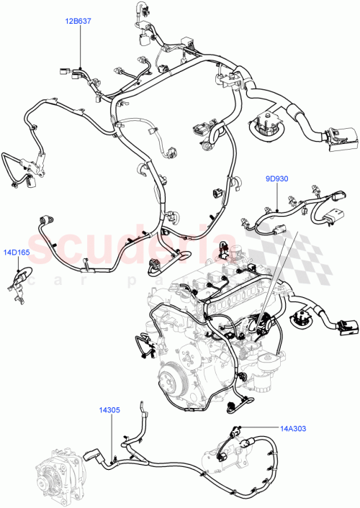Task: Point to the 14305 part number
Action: point(110,410)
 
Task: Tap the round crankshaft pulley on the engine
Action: point(170,358)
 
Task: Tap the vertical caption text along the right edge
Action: point(355,288)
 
